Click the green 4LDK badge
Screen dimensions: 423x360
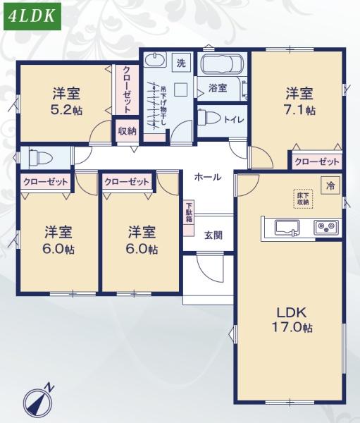(32, 17)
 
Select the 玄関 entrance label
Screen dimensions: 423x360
(213, 235)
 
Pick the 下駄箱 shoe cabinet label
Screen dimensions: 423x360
(190, 212)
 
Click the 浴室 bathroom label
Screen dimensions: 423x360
(217, 88)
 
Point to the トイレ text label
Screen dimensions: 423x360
(234, 119)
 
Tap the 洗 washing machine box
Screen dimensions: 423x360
(181, 63)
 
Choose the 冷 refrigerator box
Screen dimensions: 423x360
(330, 185)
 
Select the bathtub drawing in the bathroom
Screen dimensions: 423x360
(222, 66)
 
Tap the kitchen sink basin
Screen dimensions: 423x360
(287, 227)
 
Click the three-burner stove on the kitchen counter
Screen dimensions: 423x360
(325, 228)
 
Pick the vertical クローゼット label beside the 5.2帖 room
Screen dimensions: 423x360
(126, 89)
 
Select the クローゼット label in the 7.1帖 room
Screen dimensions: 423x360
(316, 161)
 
